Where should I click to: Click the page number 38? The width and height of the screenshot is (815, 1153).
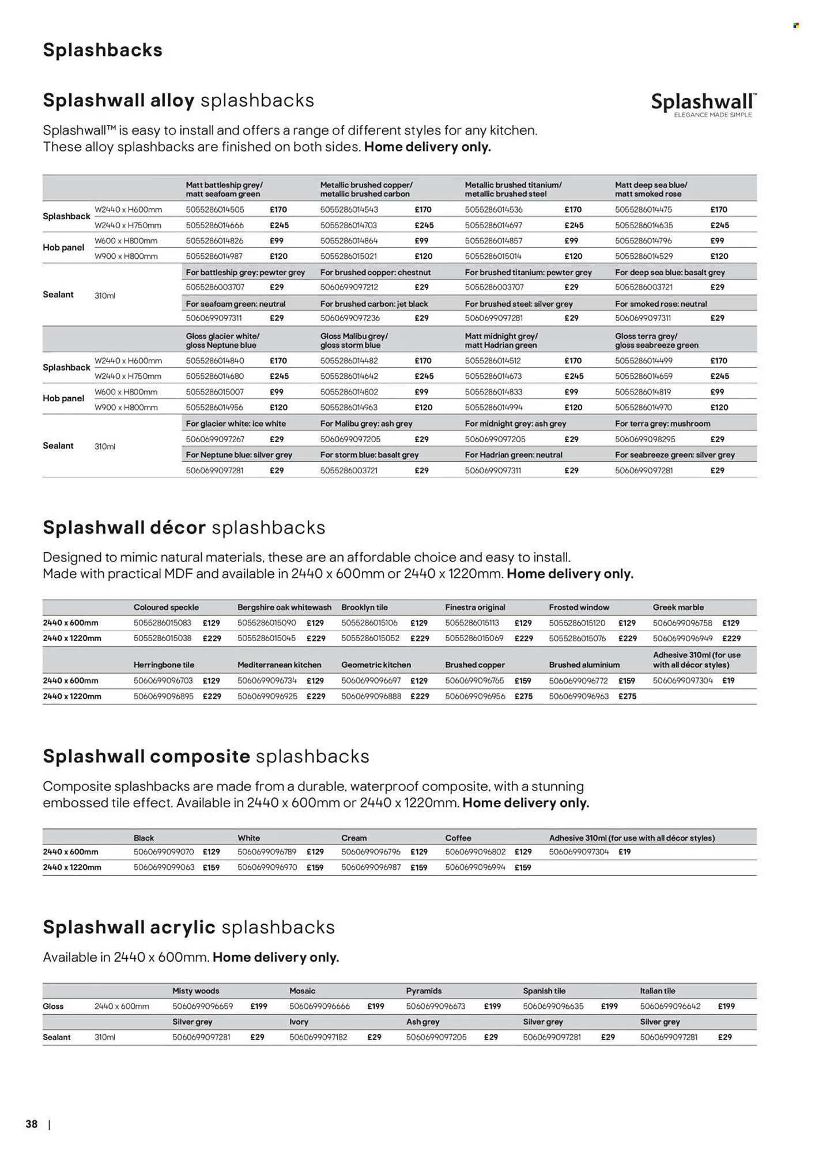tap(32, 1124)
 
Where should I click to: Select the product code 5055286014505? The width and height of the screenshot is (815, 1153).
tap(215, 210)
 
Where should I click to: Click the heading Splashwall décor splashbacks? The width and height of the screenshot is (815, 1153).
tap(184, 527)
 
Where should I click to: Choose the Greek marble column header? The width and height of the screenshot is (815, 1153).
tap(678, 607)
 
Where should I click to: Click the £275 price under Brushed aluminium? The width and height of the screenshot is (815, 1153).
tap(627, 696)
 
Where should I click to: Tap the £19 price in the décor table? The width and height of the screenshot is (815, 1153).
tap(729, 680)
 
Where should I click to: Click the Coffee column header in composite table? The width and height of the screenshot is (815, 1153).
tap(458, 838)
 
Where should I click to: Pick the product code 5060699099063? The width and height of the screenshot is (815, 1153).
tap(164, 867)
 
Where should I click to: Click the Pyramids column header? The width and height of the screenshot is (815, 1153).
tap(424, 990)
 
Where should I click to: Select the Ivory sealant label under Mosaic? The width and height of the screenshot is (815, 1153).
tap(299, 1022)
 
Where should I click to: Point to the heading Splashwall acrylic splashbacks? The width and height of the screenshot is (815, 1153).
tap(188, 927)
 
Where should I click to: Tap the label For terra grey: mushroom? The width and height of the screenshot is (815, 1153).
tap(662, 423)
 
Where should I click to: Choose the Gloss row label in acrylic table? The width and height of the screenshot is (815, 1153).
tap(53, 1006)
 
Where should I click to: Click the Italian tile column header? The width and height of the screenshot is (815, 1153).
tap(657, 990)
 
